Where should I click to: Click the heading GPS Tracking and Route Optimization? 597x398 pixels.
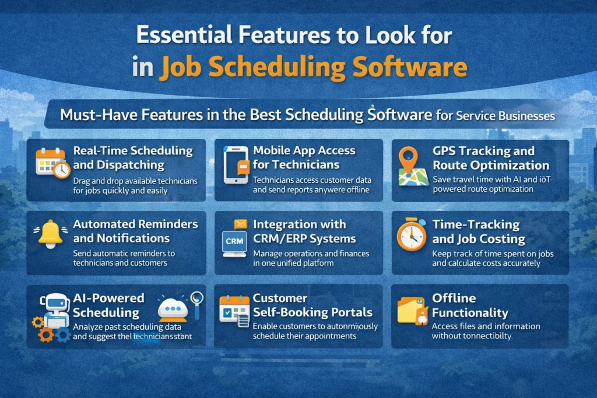(x=490, y=157)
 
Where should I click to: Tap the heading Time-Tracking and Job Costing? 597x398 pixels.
(x=478, y=231)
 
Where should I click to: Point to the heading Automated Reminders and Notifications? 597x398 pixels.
(x=135, y=231)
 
